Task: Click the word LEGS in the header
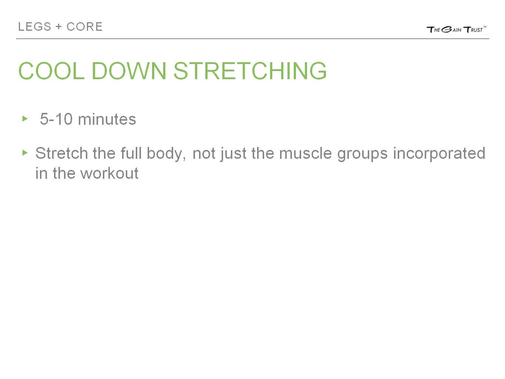click(34, 27)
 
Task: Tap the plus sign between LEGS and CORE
click(59, 27)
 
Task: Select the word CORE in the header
click(84, 27)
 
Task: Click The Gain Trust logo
click(456, 29)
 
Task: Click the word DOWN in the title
click(129, 71)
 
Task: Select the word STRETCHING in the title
click(250, 71)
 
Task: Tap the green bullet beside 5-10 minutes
click(25, 118)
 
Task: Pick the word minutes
click(107, 119)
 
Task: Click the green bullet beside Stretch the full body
click(25, 152)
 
